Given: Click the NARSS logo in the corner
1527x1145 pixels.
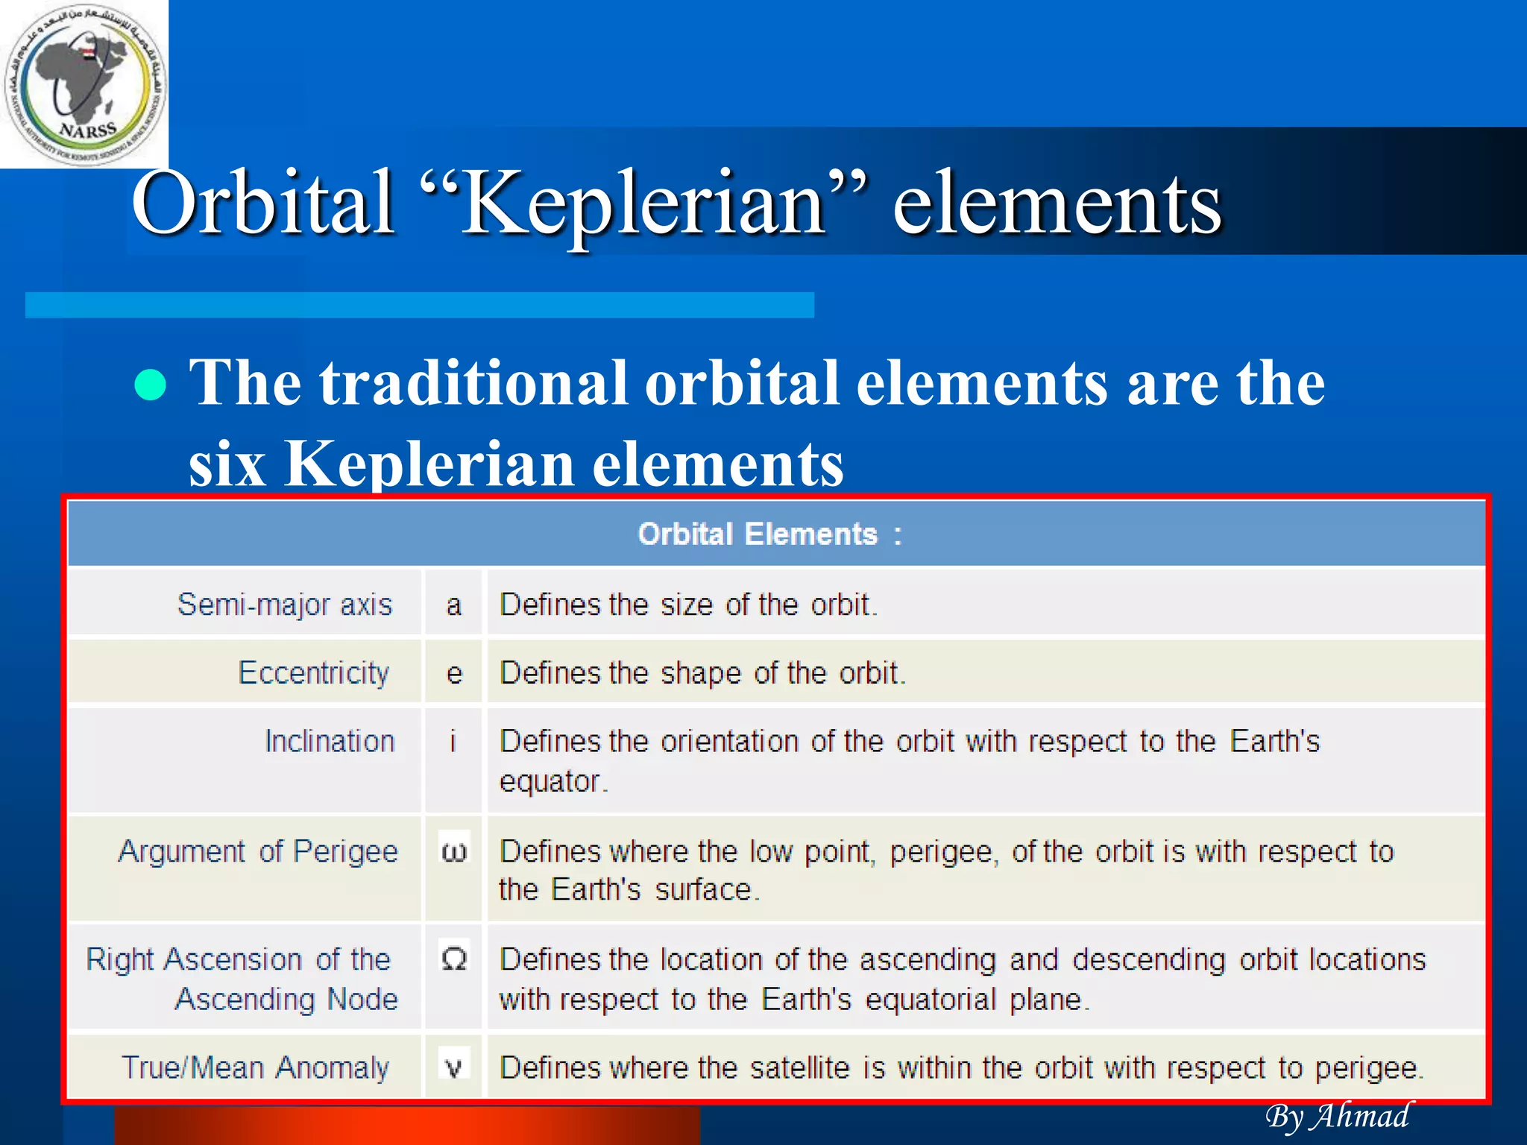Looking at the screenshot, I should click(x=84, y=84).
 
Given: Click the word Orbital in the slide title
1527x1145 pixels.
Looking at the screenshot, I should click(x=262, y=203).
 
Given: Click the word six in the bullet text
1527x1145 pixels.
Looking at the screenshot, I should click(x=227, y=464).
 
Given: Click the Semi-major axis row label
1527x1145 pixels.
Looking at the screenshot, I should click(x=284, y=604).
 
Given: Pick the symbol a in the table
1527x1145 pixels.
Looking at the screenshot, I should click(x=453, y=605).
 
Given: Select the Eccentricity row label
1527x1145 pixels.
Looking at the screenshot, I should click(x=313, y=672).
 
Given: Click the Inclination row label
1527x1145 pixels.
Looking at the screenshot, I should click(x=330, y=741).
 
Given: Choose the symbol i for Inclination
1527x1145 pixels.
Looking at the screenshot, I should click(x=453, y=741).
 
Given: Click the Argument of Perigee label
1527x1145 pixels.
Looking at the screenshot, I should click(x=258, y=851).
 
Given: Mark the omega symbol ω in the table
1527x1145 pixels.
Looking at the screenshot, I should click(x=454, y=851).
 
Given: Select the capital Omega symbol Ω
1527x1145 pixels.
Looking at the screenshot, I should click(x=454, y=959).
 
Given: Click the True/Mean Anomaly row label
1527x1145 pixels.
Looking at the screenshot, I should click(x=255, y=1067).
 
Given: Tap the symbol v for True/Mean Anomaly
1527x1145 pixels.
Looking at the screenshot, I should click(x=453, y=1067).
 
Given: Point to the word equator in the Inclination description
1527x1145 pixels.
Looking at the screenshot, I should click(x=550, y=781).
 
